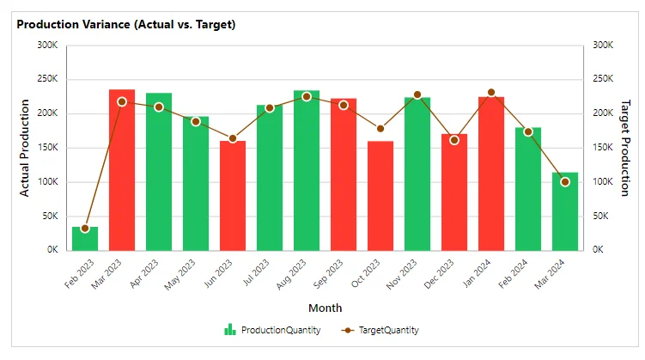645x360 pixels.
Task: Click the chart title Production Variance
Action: [126, 24]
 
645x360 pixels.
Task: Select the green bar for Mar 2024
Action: [565, 211]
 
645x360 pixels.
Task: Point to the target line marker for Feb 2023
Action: [85, 229]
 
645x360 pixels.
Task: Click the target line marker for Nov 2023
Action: [417, 95]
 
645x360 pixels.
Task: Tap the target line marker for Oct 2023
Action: [380, 129]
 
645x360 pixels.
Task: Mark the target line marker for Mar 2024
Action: [565, 182]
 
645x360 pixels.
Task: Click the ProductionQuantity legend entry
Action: [273, 330]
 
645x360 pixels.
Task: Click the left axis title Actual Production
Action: [25, 148]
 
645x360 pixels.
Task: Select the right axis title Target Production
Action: [624, 148]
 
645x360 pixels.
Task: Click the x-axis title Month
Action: [325, 308]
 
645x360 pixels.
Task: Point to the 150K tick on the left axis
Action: [46, 148]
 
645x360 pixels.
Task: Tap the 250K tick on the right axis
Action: [604, 79]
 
